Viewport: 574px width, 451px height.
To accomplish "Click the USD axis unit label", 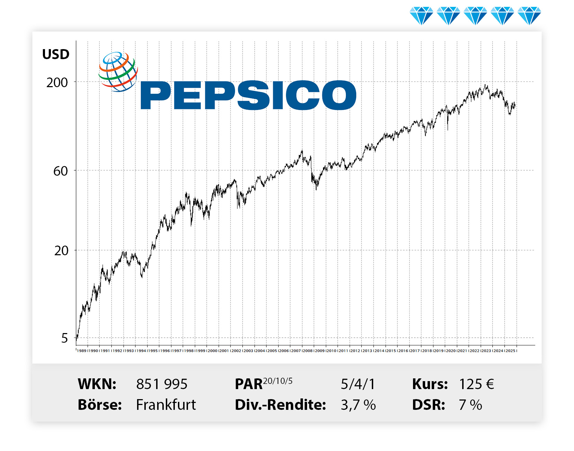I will (56, 54).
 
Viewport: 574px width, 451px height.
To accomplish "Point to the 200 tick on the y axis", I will (57, 83).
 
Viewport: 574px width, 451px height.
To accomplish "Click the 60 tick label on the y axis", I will (61, 171).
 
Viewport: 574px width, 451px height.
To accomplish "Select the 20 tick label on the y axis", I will (61, 251).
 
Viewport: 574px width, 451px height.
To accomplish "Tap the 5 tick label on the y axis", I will (64, 338).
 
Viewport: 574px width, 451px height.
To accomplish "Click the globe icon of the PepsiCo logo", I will (118, 72).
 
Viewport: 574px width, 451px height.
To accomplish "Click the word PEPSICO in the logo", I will (248, 95).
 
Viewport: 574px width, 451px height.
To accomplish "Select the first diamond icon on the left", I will (421, 16).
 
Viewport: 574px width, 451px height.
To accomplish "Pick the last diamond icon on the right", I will (529, 16).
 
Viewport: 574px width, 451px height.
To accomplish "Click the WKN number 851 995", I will (162, 384).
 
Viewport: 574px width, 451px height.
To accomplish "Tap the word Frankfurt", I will (166, 405).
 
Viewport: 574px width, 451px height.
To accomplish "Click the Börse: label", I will (100, 405).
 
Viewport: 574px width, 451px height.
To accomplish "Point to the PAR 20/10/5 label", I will (263, 384).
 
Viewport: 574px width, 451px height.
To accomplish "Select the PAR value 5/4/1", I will (358, 384).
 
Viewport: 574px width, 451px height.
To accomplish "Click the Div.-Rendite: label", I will (280, 405).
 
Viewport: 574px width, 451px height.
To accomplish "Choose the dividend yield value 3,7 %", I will (358, 405).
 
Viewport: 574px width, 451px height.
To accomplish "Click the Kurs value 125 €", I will (476, 384).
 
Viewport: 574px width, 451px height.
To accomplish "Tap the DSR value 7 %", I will (470, 405).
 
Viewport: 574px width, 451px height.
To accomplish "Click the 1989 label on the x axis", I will (82, 351).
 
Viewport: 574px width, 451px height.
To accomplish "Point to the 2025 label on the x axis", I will (510, 351).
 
